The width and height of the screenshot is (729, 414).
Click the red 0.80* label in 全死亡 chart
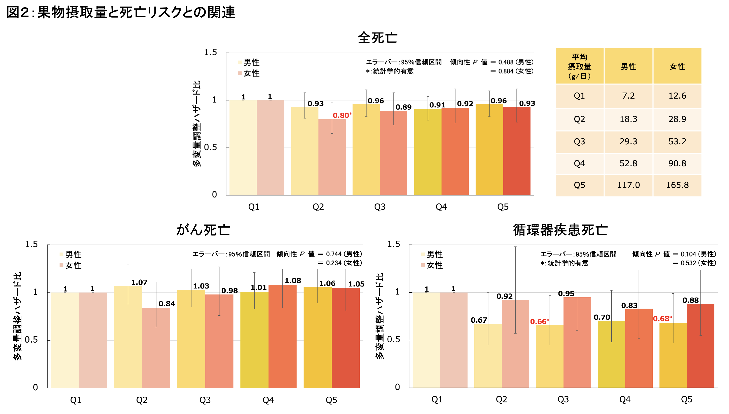(x=342, y=115)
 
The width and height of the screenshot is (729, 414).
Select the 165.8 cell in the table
(x=677, y=185)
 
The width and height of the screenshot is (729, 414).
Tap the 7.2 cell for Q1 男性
(x=628, y=96)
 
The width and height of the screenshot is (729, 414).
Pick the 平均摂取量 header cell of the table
(x=579, y=66)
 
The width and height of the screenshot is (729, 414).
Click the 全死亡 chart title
(x=377, y=38)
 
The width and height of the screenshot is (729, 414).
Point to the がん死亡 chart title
(x=203, y=230)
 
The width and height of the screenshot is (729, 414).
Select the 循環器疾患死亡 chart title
(x=560, y=230)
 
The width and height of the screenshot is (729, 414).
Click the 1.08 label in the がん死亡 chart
(x=293, y=281)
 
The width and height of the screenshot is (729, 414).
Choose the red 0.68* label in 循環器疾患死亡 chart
(x=662, y=319)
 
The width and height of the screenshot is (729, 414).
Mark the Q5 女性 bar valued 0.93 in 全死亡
(x=517, y=151)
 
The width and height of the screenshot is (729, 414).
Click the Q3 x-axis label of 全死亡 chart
(x=380, y=207)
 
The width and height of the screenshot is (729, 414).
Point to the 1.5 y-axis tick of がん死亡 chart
(x=31, y=244)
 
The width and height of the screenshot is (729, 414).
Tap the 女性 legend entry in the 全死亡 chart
(x=249, y=73)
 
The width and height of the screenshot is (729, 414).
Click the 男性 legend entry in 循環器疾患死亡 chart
(x=432, y=254)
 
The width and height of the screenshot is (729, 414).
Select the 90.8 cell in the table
(x=677, y=163)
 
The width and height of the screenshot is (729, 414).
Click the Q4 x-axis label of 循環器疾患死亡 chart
(x=625, y=399)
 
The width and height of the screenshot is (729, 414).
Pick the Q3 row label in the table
(x=579, y=142)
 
